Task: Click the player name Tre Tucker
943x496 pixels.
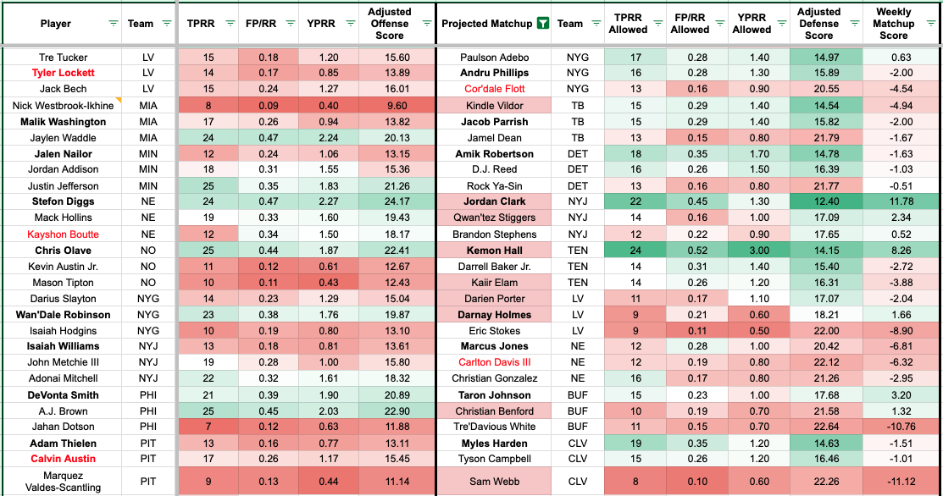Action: pyautogui.click(x=63, y=57)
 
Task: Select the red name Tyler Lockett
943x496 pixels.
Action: pyautogui.click(x=63, y=73)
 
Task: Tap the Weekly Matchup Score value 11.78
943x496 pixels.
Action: pyautogui.click(x=893, y=201)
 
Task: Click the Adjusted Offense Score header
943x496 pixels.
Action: pyautogui.click(x=390, y=24)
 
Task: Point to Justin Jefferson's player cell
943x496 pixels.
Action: pyautogui.click(x=63, y=185)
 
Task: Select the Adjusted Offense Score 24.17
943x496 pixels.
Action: pyautogui.click(x=390, y=201)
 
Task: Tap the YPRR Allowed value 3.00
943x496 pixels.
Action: pyautogui.click(x=752, y=251)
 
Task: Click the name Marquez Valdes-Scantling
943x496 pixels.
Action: pyautogui.click(x=63, y=480)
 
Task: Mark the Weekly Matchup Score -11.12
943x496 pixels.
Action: pyautogui.click(x=893, y=480)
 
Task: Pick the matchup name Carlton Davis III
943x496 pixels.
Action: pyautogui.click(x=494, y=362)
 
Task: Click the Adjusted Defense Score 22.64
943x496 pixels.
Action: pyautogui.click(x=818, y=427)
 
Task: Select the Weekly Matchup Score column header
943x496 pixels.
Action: pyautogui.click(x=893, y=24)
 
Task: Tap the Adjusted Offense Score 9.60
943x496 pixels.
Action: pyautogui.click(x=390, y=106)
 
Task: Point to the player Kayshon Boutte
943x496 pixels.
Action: pyautogui.click(x=63, y=234)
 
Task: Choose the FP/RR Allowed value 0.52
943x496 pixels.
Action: pyautogui.click(x=691, y=251)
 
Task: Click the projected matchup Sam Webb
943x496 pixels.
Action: pyautogui.click(x=494, y=480)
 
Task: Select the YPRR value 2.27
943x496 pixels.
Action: pyautogui.click(x=327, y=201)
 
